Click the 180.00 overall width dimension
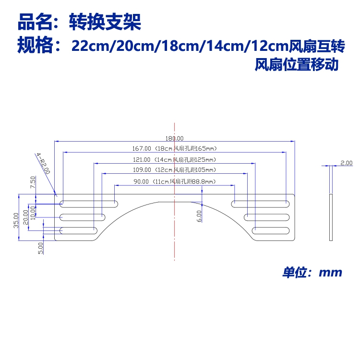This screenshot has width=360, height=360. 175,138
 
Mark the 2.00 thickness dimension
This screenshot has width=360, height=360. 346,163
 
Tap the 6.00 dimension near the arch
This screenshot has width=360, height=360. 199,216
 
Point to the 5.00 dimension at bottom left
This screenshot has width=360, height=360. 41,248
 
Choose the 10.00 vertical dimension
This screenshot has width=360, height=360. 33,210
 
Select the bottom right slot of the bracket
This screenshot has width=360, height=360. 270,230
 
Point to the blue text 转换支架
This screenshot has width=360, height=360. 106,22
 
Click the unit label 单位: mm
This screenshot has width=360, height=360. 312,273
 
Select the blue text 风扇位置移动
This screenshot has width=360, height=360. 297,64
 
